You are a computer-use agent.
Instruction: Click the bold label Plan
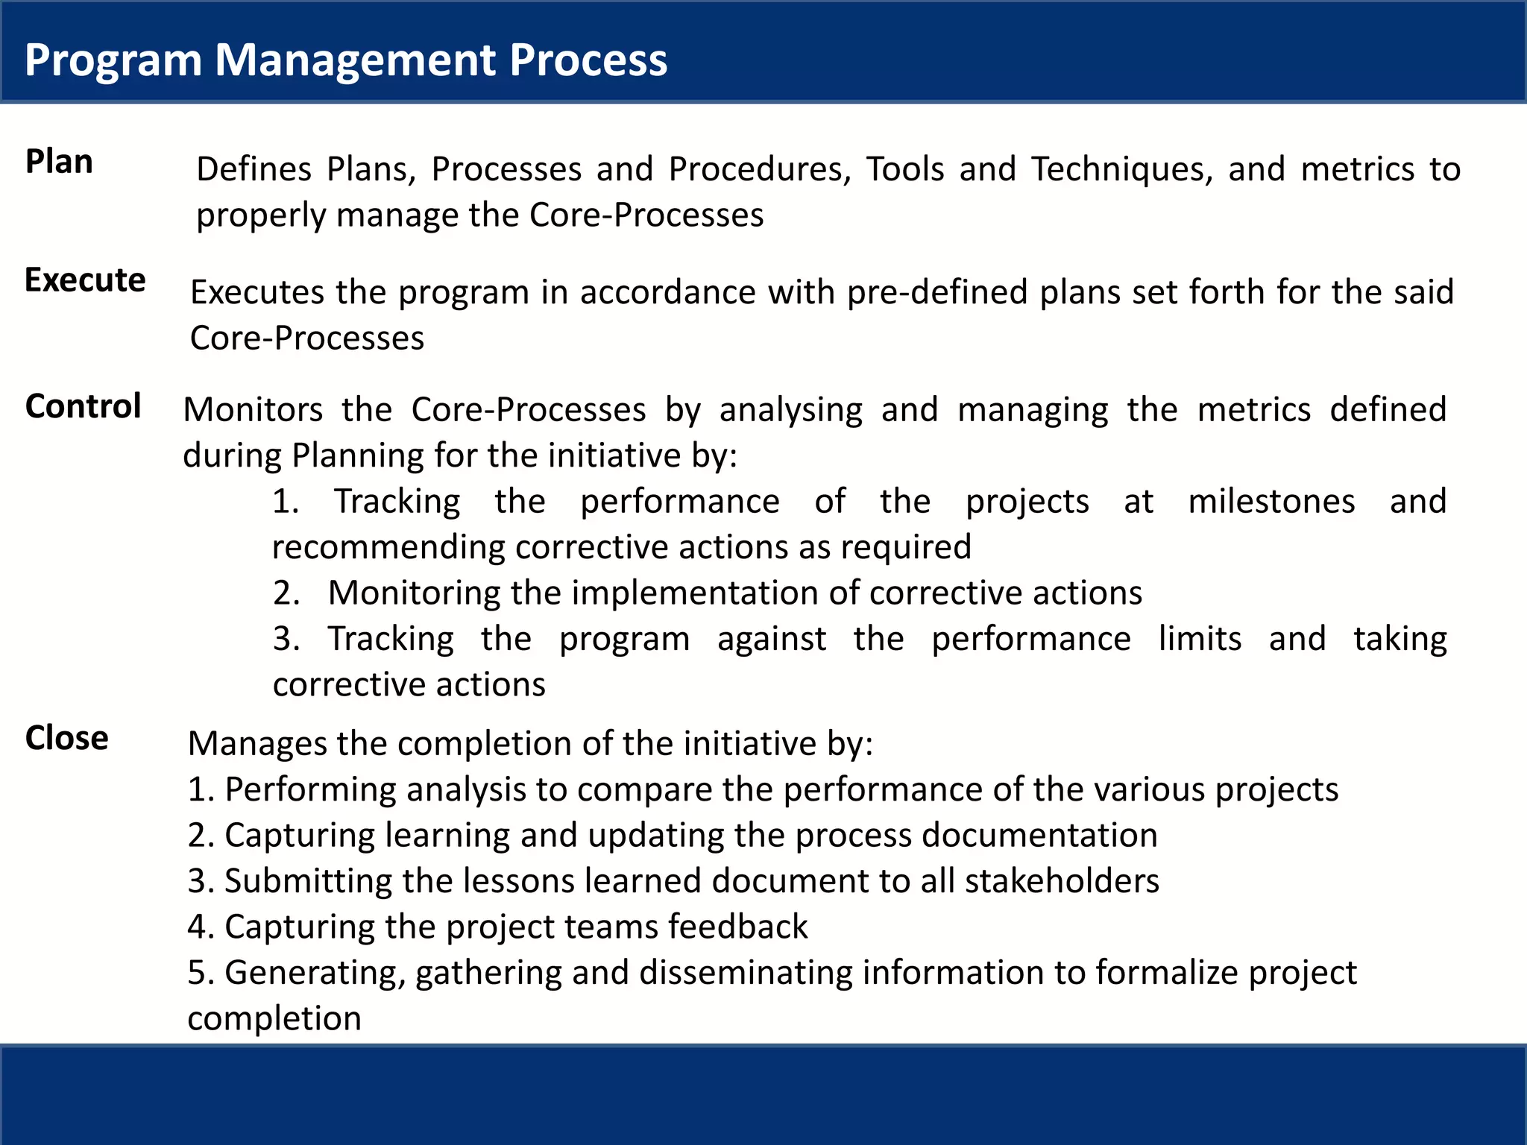pos(59,162)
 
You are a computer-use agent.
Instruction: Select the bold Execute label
pos(85,280)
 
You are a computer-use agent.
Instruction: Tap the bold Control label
pos(83,407)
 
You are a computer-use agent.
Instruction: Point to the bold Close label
pos(66,738)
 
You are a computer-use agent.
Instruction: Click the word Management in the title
pos(355,60)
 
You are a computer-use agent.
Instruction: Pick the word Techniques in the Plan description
pos(1122,170)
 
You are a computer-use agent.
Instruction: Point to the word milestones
pos(1271,502)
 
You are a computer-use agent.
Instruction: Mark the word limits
pos(1200,639)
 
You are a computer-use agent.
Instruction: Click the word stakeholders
pos(1062,881)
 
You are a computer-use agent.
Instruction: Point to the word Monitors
pos(253,410)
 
